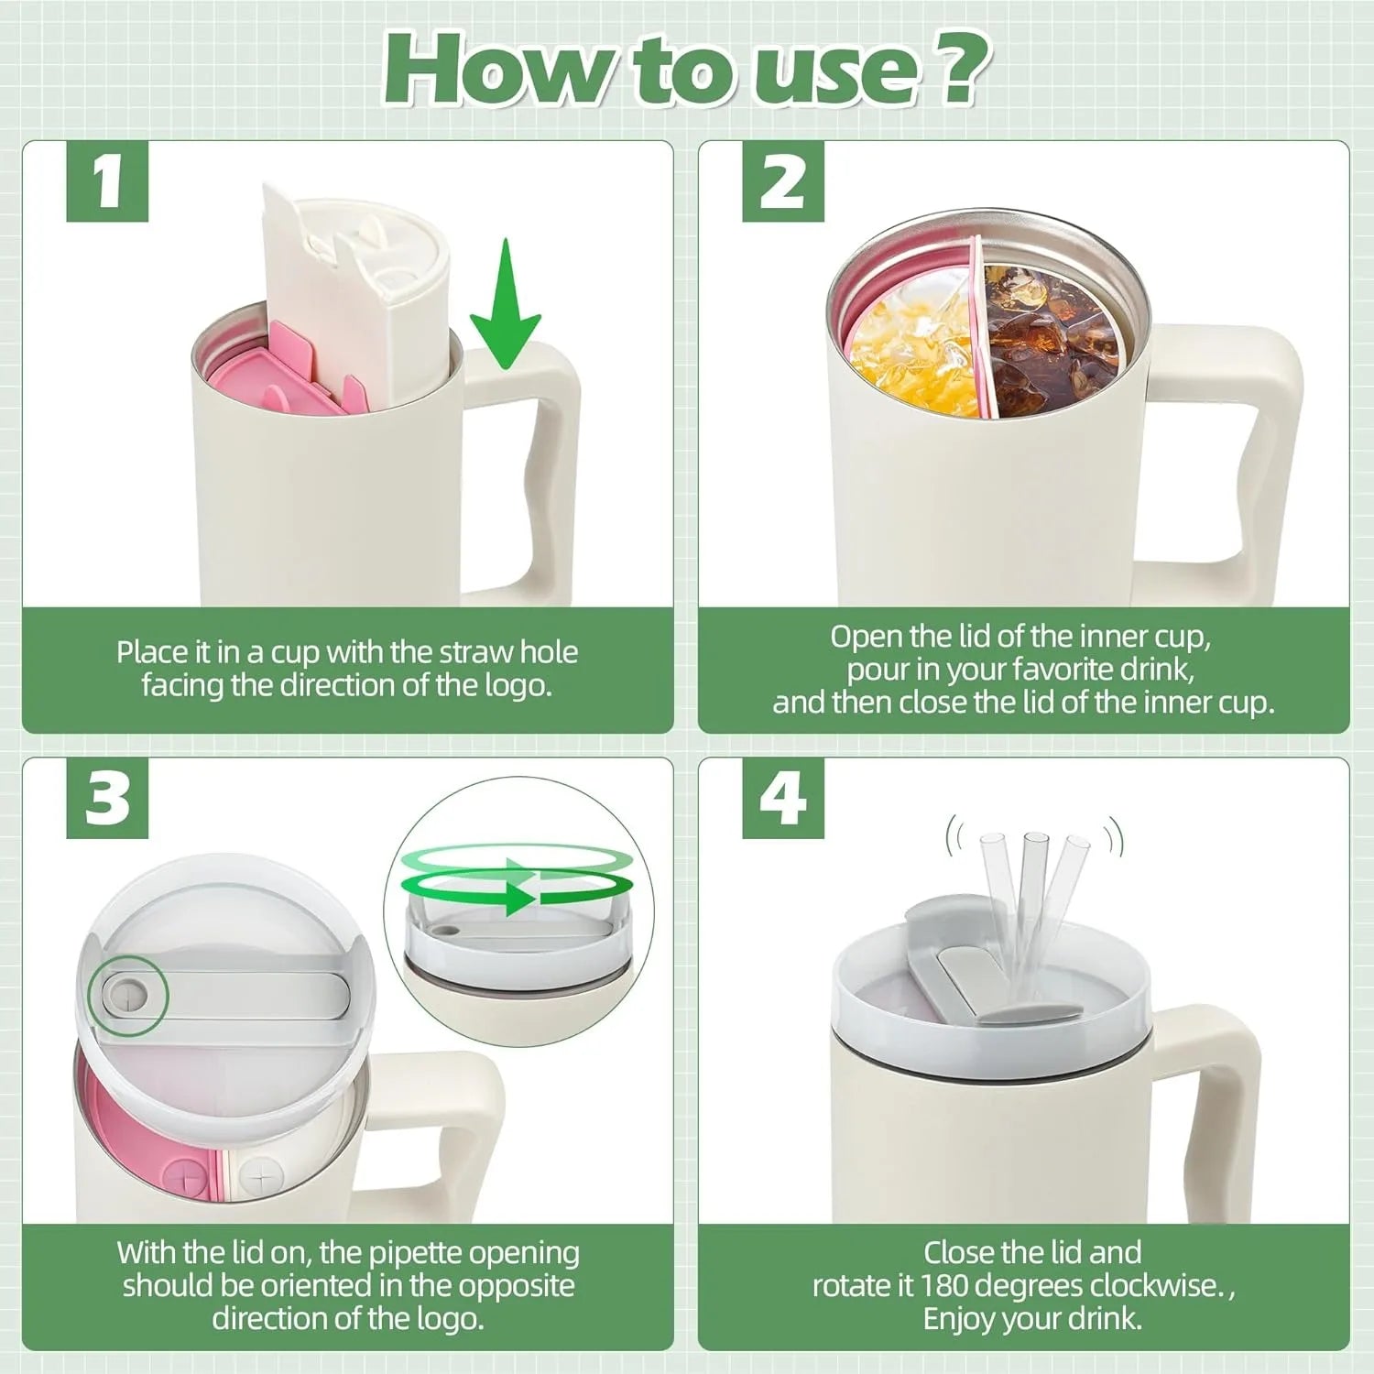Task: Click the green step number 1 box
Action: click(107, 181)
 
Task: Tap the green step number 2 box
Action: click(782, 181)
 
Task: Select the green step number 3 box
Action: click(107, 798)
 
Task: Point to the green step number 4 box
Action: click(782, 798)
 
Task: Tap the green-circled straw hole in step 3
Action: click(127, 995)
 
